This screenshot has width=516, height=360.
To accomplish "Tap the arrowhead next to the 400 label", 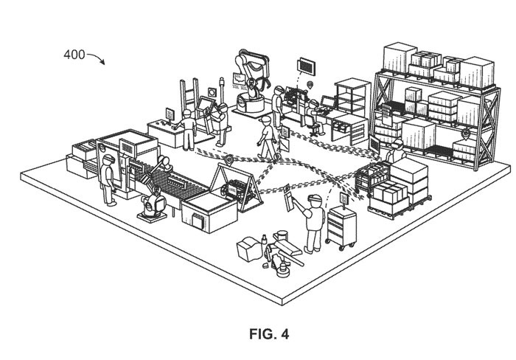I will point(102,63).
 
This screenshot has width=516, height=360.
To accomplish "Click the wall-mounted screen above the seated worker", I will point(304,65).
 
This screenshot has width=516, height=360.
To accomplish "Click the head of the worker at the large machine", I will point(108,160).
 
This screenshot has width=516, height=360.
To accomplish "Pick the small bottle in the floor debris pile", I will point(262,240).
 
